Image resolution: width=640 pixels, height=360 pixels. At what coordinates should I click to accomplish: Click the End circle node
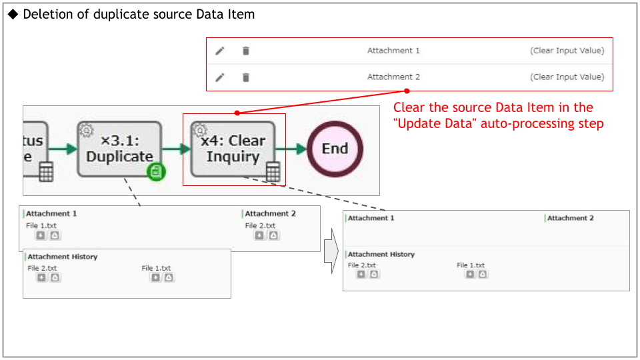pyautogui.click(x=335, y=149)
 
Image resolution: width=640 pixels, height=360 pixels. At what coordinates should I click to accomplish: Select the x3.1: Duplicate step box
pyautogui.click(x=119, y=149)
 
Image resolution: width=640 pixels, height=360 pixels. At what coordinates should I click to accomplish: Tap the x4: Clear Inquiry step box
pyautogui.click(x=233, y=149)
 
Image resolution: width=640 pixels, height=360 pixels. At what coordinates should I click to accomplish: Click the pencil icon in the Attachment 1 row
pyautogui.click(x=220, y=51)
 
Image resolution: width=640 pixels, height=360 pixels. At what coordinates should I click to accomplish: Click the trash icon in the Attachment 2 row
pyautogui.click(x=246, y=77)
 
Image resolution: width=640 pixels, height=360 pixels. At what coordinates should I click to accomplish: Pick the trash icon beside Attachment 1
pyautogui.click(x=246, y=51)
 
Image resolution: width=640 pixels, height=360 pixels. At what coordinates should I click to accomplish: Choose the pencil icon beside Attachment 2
pyautogui.click(x=220, y=77)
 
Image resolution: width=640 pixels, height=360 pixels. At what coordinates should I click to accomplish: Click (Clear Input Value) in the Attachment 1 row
pyautogui.click(x=567, y=51)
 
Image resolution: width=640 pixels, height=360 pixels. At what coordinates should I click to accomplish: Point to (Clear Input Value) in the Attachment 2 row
pyautogui.click(x=567, y=77)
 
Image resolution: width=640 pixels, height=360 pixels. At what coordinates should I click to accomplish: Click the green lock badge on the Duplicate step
pyautogui.click(x=156, y=172)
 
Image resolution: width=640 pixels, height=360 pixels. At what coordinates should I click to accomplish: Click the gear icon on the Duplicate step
pyautogui.click(x=86, y=130)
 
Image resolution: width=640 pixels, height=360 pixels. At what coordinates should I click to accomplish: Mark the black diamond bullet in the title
pyautogui.click(x=13, y=14)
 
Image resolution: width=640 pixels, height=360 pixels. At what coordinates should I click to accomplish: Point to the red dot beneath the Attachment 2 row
pyautogui.click(x=407, y=91)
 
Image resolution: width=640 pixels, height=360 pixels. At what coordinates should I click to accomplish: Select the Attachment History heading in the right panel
pyautogui.click(x=381, y=254)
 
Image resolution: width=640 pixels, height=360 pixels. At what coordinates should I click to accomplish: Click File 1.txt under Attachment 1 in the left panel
pyautogui.click(x=41, y=225)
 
